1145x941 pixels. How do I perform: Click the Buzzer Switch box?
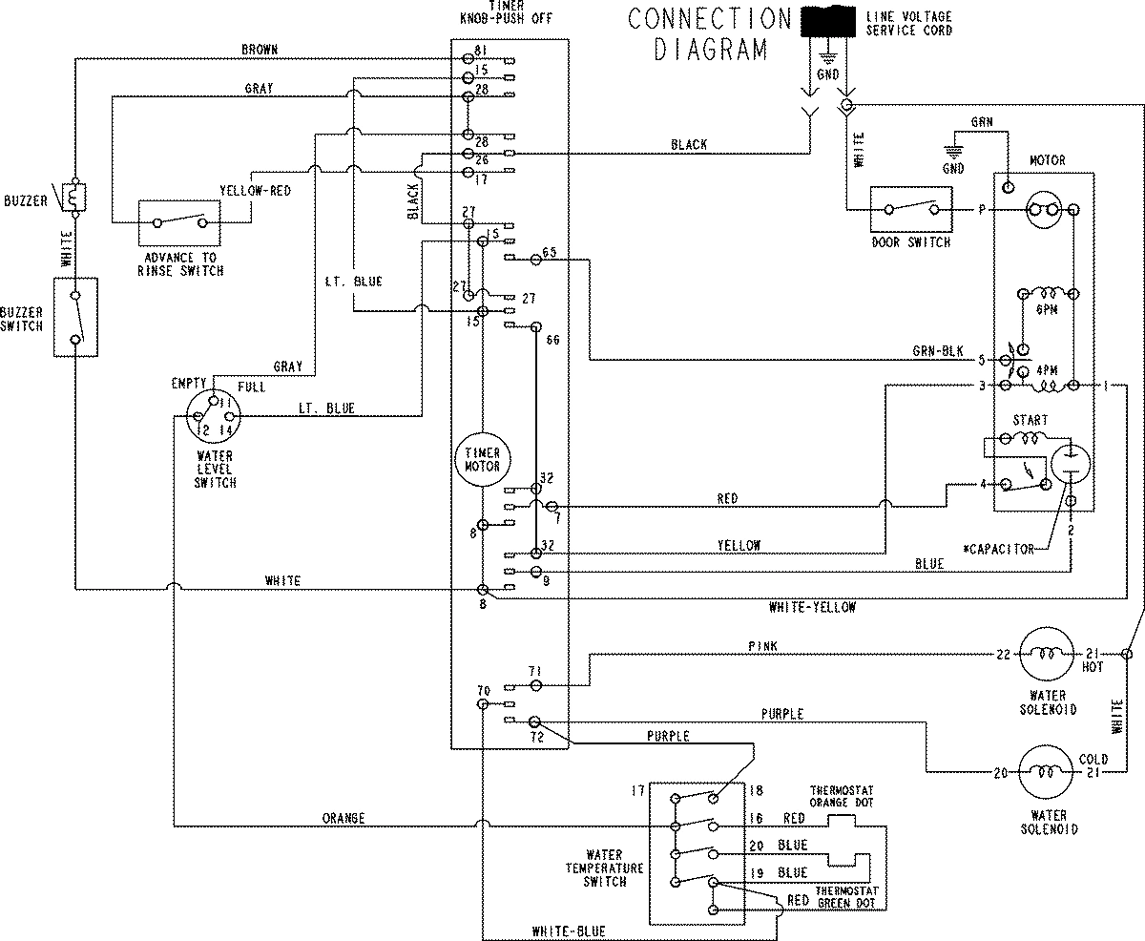[x=74, y=317]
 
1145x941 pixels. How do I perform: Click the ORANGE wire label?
[x=344, y=818]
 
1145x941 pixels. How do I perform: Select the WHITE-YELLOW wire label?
[x=811, y=607]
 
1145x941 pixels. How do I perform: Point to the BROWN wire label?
[x=260, y=49]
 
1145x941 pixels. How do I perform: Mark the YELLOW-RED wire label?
[x=255, y=190]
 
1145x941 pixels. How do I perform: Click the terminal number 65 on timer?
[x=549, y=252]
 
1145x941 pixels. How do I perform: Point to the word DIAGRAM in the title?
[x=711, y=50]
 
